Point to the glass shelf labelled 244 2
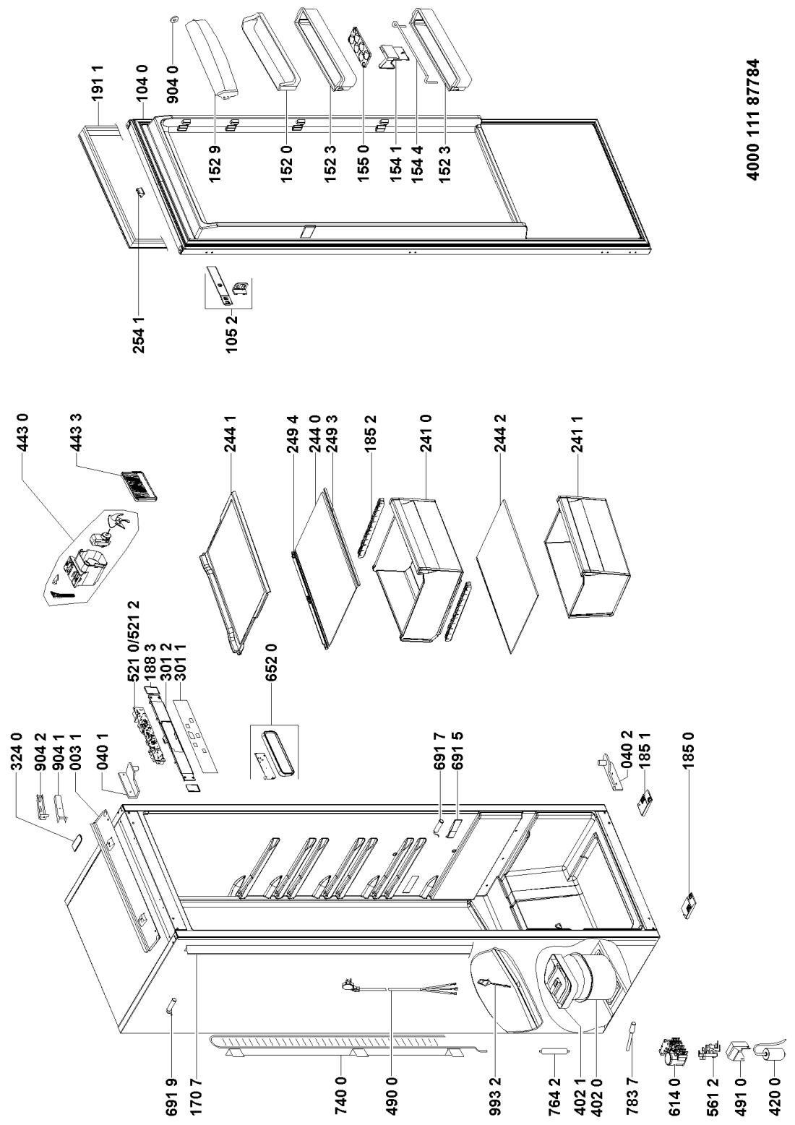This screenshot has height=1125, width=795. [509, 566]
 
